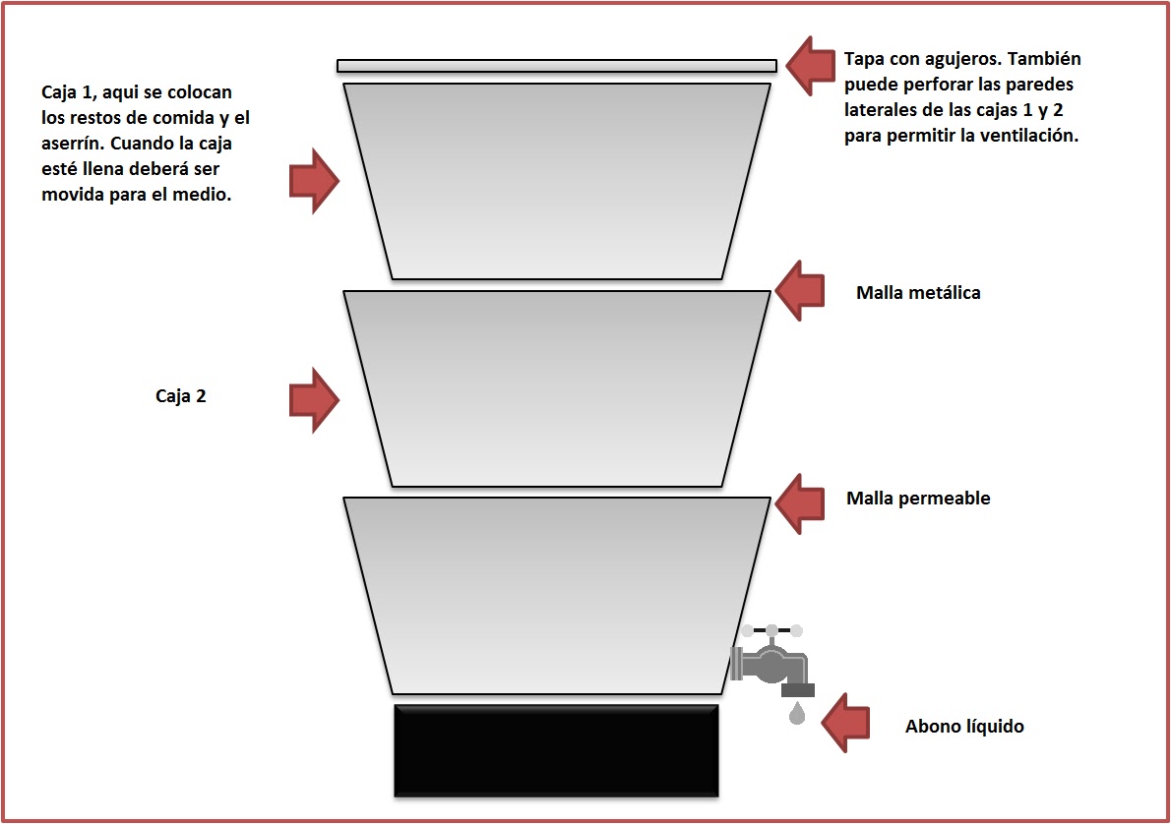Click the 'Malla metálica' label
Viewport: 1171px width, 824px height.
click(x=918, y=293)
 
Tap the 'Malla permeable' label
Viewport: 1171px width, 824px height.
click(x=918, y=499)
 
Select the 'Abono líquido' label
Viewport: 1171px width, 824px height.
click(x=964, y=727)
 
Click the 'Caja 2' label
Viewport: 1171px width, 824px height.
click(x=181, y=395)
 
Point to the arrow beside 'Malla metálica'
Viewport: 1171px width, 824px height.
click(x=800, y=291)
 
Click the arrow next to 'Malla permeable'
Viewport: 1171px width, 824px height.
click(x=800, y=503)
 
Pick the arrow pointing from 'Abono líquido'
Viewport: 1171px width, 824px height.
click(x=845, y=723)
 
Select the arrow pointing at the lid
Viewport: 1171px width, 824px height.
click(x=811, y=66)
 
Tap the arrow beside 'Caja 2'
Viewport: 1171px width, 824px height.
click(x=315, y=400)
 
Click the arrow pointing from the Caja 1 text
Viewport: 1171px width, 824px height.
click(x=315, y=181)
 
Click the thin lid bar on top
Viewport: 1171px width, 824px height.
click(x=556, y=66)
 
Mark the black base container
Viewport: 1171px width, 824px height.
click(x=556, y=751)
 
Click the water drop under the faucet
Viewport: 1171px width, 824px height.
click(x=797, y=713)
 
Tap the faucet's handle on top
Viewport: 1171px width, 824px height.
click(x=771, y=630)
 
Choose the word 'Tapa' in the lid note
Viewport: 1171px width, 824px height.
click(x=864, y=59)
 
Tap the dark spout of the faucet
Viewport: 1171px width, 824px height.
click(x=798, y=690)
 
